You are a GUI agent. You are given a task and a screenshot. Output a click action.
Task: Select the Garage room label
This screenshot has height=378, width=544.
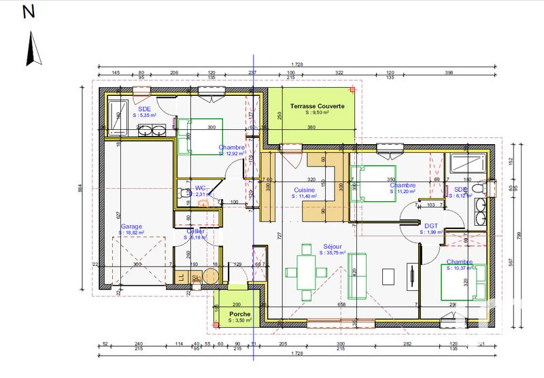(x=131, y=226)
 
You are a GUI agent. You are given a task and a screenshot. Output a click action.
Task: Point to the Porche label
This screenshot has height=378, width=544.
(x=239, y=313)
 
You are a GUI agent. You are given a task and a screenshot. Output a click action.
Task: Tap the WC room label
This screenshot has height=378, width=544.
(x=201, y=188)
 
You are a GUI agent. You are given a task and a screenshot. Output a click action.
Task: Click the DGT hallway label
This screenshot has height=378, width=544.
(x=430, y=226)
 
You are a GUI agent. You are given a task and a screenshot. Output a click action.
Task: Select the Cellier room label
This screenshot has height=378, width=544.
(x=196, y=231)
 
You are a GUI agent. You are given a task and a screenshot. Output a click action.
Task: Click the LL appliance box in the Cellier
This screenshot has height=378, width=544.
(x=182, y=277)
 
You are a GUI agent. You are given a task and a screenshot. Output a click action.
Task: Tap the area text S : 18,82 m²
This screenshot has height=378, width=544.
(x=131, y=232)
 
